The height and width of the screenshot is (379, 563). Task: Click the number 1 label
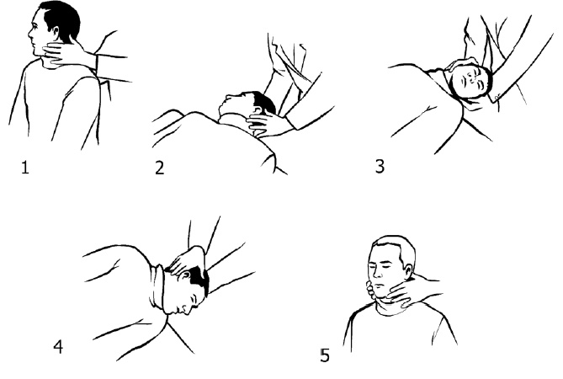click(x=24, y=168)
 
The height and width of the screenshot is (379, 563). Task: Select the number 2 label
click(x=160, y=168)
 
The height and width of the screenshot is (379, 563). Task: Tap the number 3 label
click(x=380, y=166)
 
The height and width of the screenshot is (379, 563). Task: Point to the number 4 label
click(x=58, y=347)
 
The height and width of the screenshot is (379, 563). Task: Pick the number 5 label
click(x=325, y=355)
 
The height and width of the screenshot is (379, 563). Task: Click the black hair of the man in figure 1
click(x=61, y=18)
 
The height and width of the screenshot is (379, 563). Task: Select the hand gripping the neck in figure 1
click(x=66, y=55)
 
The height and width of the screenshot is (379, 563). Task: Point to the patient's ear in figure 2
click(x=258, y=109)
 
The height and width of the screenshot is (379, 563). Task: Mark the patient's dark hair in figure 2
click(x=264, y=101)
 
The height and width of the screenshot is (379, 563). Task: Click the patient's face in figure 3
click(x=470, y=81)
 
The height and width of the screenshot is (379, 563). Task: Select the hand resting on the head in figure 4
click(x=186, y=259)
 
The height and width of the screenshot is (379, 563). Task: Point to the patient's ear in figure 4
click(x=187, y=276)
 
